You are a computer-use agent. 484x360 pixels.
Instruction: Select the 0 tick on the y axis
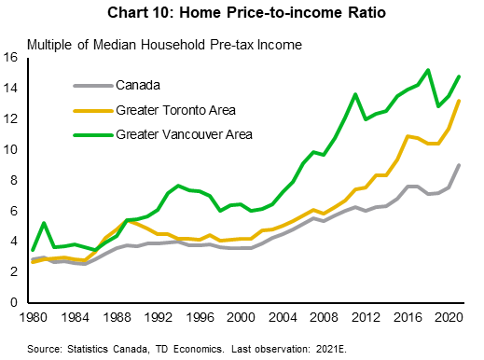17,303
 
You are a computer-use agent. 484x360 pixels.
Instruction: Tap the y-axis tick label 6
17,212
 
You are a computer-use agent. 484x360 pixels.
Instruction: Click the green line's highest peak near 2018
427,70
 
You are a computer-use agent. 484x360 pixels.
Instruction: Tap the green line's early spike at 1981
44,223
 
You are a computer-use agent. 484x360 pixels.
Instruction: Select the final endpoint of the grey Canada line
458,165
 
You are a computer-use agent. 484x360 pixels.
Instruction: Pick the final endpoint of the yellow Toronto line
458,101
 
